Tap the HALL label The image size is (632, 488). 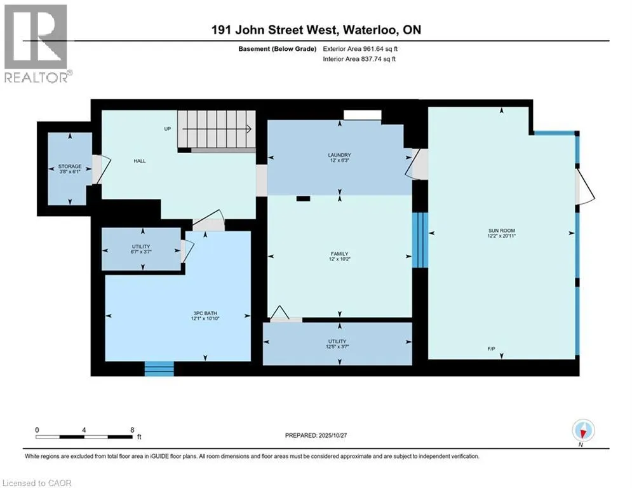[x=140, y=161]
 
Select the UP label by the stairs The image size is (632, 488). [x=168, y=128]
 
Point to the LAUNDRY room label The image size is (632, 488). [x=340, y=155]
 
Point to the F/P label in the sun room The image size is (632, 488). [x=502, y=349]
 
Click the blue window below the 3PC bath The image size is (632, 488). [x=159, y=369]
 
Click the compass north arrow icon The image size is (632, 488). [x=583, y=430]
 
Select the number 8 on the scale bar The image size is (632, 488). [x=131, y=430]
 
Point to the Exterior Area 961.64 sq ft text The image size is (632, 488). [x=363, y=48]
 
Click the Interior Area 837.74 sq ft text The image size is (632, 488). [x=363, y=59]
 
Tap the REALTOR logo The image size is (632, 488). [x=37, y=43]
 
